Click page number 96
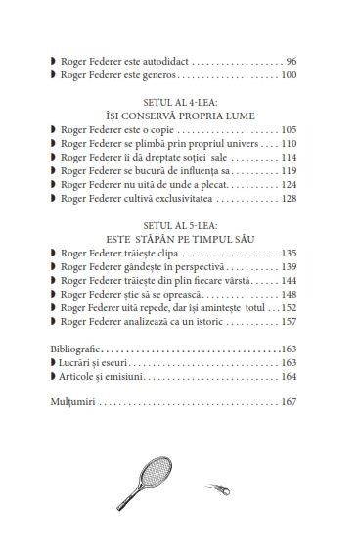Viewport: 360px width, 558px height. [290, 60]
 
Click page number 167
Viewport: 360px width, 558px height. [288, 400]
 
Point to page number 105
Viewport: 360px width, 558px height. [288, 129]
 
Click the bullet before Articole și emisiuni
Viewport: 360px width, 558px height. [53, 375]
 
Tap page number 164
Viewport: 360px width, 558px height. [288, 375]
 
